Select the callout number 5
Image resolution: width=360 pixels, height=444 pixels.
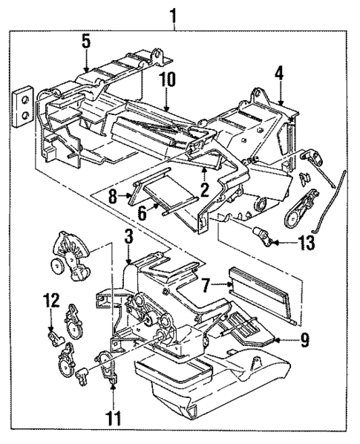[86, 43]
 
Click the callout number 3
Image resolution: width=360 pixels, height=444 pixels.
[128, 238]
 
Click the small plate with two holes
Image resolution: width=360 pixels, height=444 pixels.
[24, 104]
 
